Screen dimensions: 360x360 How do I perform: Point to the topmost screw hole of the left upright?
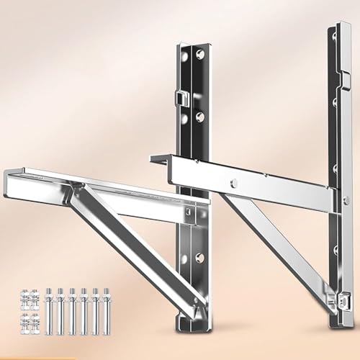point(185,55)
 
